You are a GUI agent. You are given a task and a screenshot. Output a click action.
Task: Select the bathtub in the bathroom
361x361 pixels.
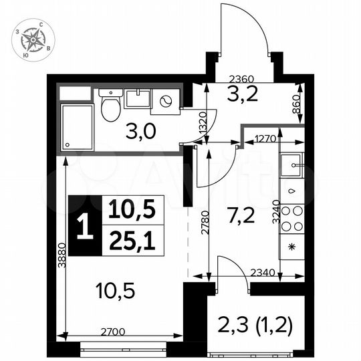pyautogui.click(x=79, y=126)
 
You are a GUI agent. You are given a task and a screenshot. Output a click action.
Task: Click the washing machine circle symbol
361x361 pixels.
pyautogui.click(x=165, y=102)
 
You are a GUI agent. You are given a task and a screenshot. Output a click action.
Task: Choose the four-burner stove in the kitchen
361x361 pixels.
pyautogui.click(x=293, y=219)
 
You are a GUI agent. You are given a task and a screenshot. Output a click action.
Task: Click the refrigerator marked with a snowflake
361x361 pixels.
pyautogui.click(x=291, y=247)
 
